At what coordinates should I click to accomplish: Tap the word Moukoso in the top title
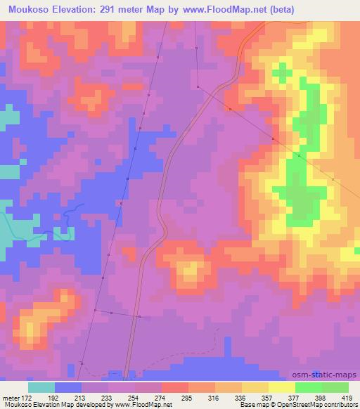tap(25, 10)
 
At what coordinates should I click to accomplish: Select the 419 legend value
tap(347, 398)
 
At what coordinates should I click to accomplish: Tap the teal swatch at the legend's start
tap(41, 387)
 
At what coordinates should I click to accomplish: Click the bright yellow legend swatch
tap(281, 387)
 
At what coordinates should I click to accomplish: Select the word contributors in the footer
tap(338, 405)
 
